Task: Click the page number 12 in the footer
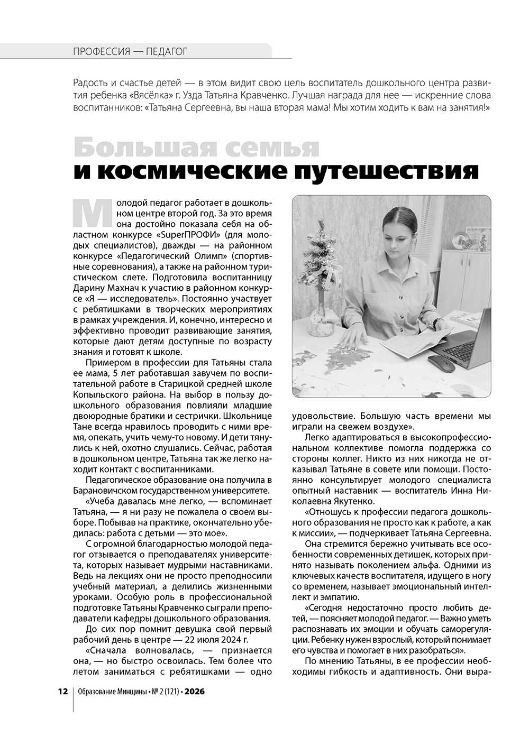(62, 692)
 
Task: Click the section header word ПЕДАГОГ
(166, 51)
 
